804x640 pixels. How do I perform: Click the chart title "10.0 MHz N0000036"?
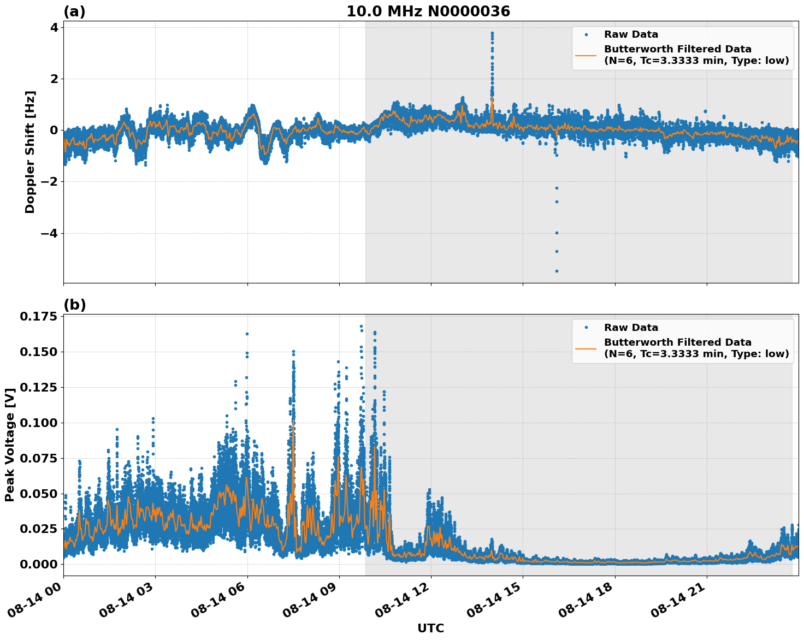[x=428, y=11]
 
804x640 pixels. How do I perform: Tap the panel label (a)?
[x=74, y=11]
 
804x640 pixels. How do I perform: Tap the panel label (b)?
[x=74, y=305]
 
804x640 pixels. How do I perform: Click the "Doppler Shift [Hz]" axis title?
[x=30, y=152]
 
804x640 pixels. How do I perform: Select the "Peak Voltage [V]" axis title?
[x=10, y=445]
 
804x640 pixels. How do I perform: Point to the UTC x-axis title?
[x=430, y=629]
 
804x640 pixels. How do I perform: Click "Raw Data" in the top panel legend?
[x=631, y=34]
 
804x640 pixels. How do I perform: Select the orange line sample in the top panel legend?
[x=586, y=55]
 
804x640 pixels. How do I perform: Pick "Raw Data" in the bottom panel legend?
[x=631, y=328]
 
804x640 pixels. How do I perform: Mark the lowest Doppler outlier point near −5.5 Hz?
[x=557, y=271]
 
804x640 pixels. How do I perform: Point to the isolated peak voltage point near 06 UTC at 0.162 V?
[x=247, y=334]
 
